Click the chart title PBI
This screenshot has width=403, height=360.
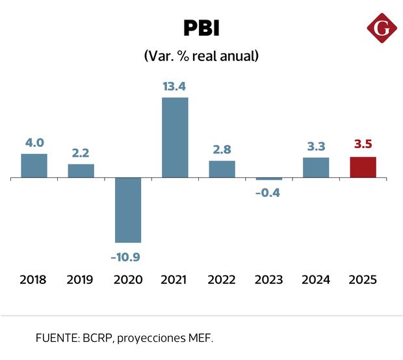(x=201, y=29)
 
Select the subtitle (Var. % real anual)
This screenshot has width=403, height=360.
(x=201, y=57)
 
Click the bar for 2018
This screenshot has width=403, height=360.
(x=34, y=166)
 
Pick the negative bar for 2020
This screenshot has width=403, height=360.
(x=128, y=210)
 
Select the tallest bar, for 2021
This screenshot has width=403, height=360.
(x=175, y=137)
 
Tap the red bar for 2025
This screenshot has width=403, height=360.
(x=363, y=167)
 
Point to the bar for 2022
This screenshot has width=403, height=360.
(x=222, y=169)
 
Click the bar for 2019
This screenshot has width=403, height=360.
(x=81, y=171)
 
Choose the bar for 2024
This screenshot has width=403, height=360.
(x=316, y=168)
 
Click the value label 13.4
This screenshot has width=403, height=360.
(x=175, y=85)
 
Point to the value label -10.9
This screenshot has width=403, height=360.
(x=125, y=257)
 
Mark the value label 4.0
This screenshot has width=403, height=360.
(x=34, y=142)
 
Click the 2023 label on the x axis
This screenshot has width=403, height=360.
(x=268, y=279)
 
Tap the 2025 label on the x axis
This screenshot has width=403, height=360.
(x=363, y=279)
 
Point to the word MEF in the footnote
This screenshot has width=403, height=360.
(x=198, y=338)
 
